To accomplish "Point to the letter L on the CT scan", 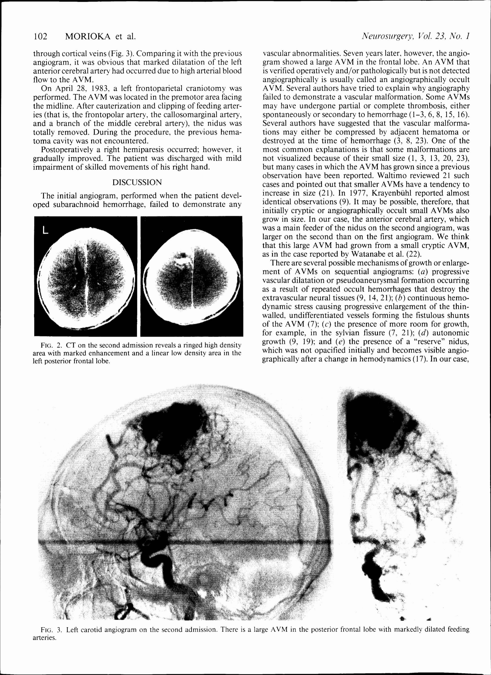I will (x=45, y=230).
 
